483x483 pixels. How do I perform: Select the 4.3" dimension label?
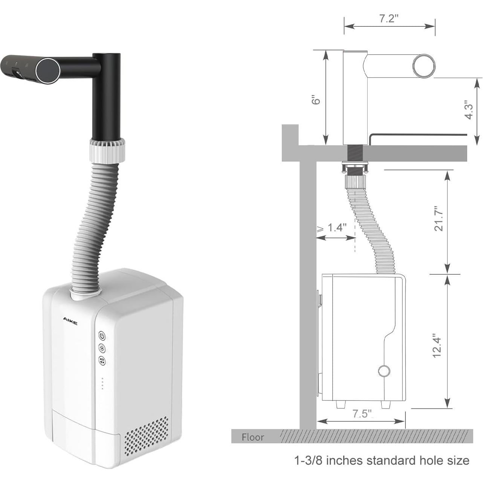[469, 110]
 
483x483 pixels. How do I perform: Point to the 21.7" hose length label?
[439, 219]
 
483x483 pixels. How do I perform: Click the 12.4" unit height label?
[437, 345]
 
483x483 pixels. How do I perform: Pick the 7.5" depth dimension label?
[361, 414]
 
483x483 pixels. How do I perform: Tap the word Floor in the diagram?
[253, 437]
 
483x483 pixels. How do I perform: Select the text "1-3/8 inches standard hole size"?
[381, 460]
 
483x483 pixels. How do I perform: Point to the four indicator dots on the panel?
[102, 383]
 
